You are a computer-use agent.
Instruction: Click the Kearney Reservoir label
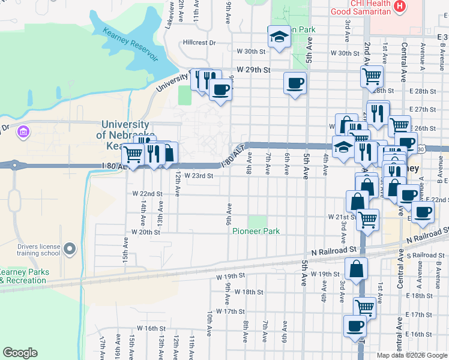130,44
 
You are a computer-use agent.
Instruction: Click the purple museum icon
23,131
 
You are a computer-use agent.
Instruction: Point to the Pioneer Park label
256,231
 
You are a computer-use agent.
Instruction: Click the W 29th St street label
254,70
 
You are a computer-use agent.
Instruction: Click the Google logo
20,353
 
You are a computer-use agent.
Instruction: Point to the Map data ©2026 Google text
411,355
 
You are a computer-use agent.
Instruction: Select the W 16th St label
151,328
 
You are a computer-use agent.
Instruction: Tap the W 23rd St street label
199,176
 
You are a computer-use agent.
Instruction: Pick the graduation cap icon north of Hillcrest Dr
279,37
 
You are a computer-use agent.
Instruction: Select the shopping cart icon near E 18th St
364,307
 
